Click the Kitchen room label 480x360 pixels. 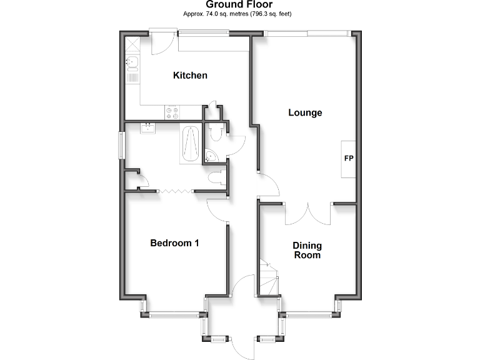click(190, 76)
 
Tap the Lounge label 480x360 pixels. click(305, 113)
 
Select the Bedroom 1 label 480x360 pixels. click(174, 243)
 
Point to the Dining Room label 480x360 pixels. click(307, 251)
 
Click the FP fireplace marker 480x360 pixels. click(349, 157)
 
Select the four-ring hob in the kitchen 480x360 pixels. click(172, 112)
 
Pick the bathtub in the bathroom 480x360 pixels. click(191, 144)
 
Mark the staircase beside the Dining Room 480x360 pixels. click(269, 277)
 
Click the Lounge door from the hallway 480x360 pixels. click(269, 185)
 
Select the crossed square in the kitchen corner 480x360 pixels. click(132, 45)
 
